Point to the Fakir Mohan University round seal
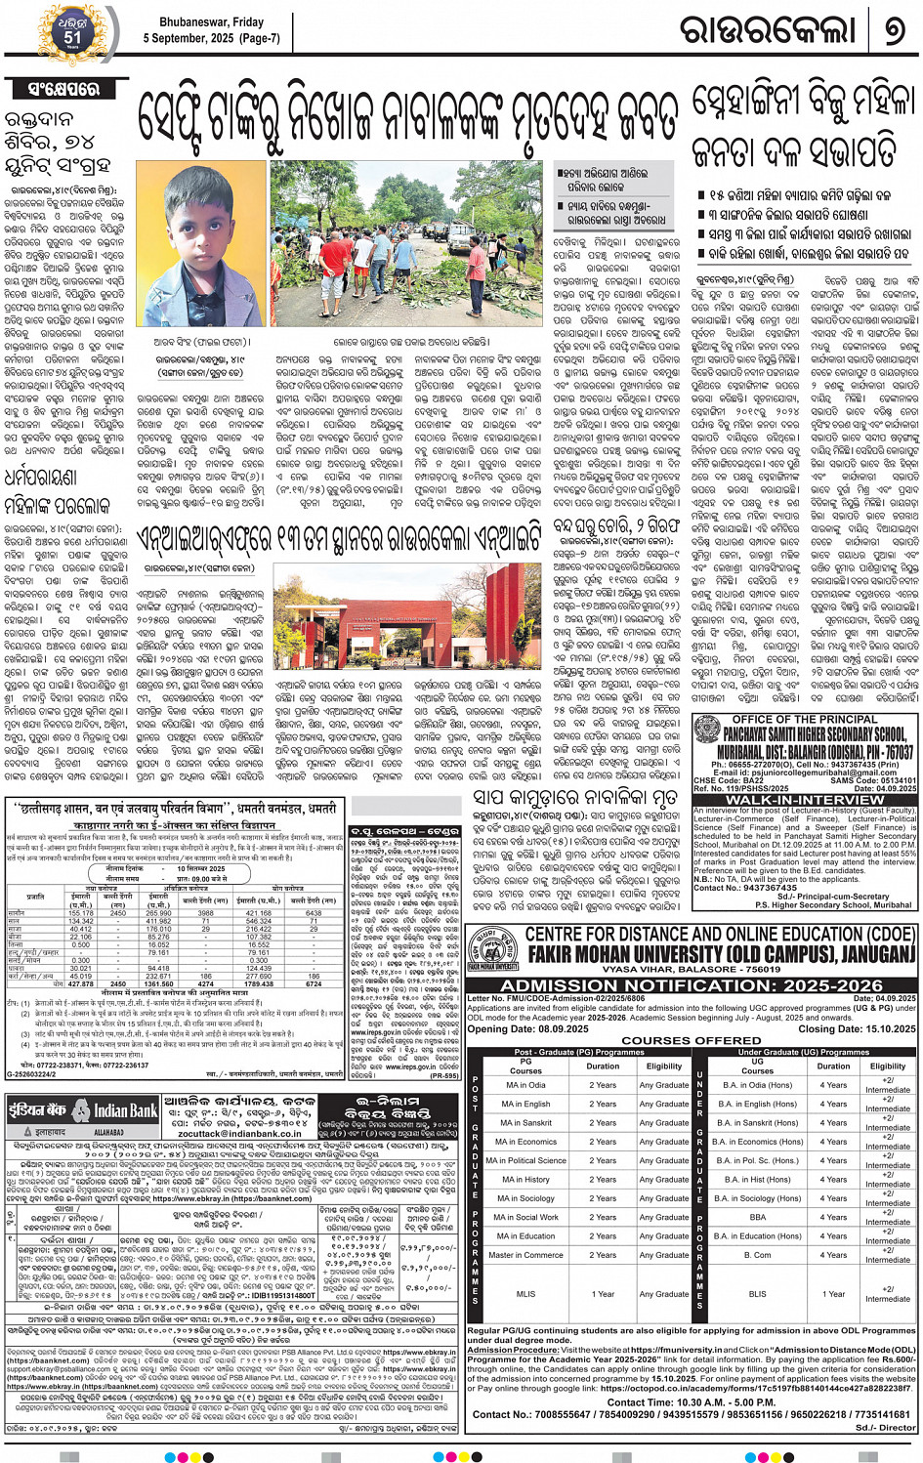(492, 947)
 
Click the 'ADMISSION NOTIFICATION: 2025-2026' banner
(692, 985)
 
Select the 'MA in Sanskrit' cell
(525, 1123)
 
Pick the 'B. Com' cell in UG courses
(757, 1255)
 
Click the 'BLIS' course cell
(757, 1294)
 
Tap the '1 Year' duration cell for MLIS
(603, 1294)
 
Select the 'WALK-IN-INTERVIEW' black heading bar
(806, 800)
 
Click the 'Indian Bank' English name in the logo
(125, 1111)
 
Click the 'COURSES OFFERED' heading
(691, 1041)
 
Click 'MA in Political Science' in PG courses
(525, 1160)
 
